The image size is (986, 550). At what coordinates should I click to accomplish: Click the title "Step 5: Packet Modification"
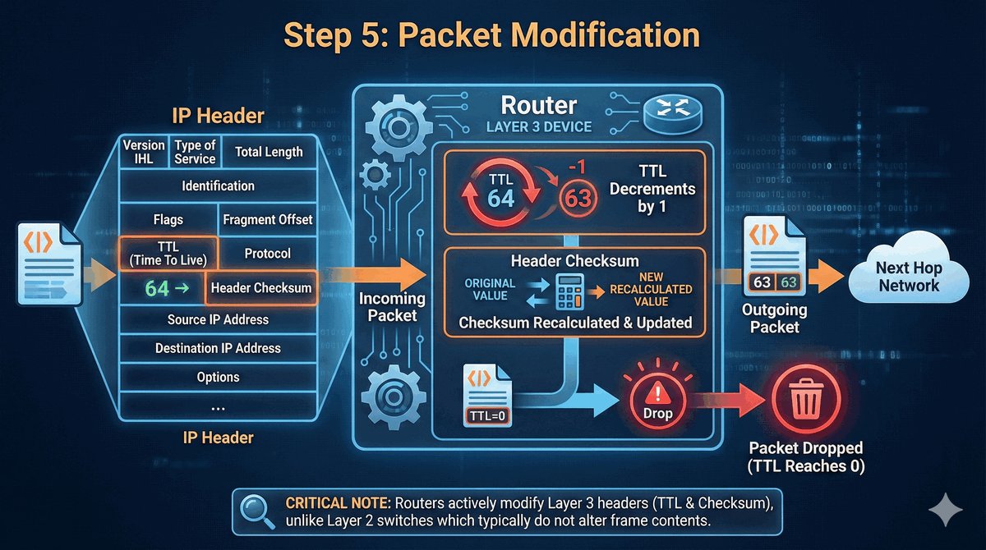[x=491, y=35]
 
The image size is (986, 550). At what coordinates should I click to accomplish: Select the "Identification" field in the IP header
[x=218, y=186]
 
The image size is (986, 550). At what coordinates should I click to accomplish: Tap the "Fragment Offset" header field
[x=268, y=220]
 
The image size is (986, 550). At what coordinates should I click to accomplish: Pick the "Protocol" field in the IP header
[x=268, y=254]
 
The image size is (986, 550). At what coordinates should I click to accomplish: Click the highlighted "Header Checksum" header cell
[x=261, y=287]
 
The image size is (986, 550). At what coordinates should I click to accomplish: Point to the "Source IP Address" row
[x=218, y=319]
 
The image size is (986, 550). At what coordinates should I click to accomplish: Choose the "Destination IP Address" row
[x=218, y=348]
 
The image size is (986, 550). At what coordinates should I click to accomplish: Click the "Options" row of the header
[x=218, y=378]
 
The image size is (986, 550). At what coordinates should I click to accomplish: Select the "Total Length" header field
[x=269, y=152]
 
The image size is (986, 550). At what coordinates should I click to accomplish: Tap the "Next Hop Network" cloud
[x=907, y=277]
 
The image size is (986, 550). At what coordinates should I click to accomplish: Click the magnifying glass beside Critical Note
[x=257, y=511]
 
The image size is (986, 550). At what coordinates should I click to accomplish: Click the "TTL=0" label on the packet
[x=488, y=416]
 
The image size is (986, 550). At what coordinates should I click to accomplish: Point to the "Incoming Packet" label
[x=392, y=307]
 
